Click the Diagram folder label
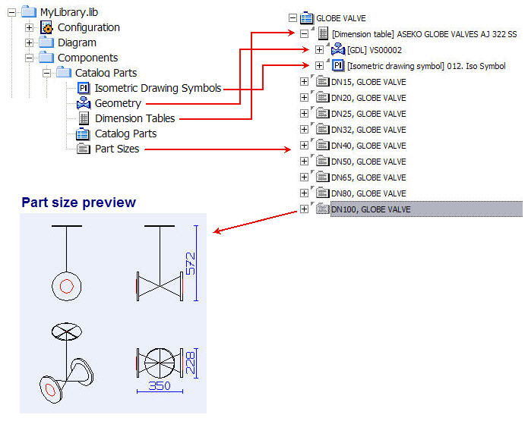click(x=77, y=42)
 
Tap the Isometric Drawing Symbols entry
click(x=157, y=88)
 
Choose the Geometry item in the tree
click(x=117, y=103)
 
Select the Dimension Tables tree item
click(x=134, y=118)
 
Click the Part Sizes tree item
click(x=116, y=149)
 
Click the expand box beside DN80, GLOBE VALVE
click(x=305, y=193)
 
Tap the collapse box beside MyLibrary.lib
click(x=11, y=12)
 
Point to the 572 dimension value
click(x=191, y=264)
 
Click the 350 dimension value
click(x=159, y=385)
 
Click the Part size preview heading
click(x=78, y=203)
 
